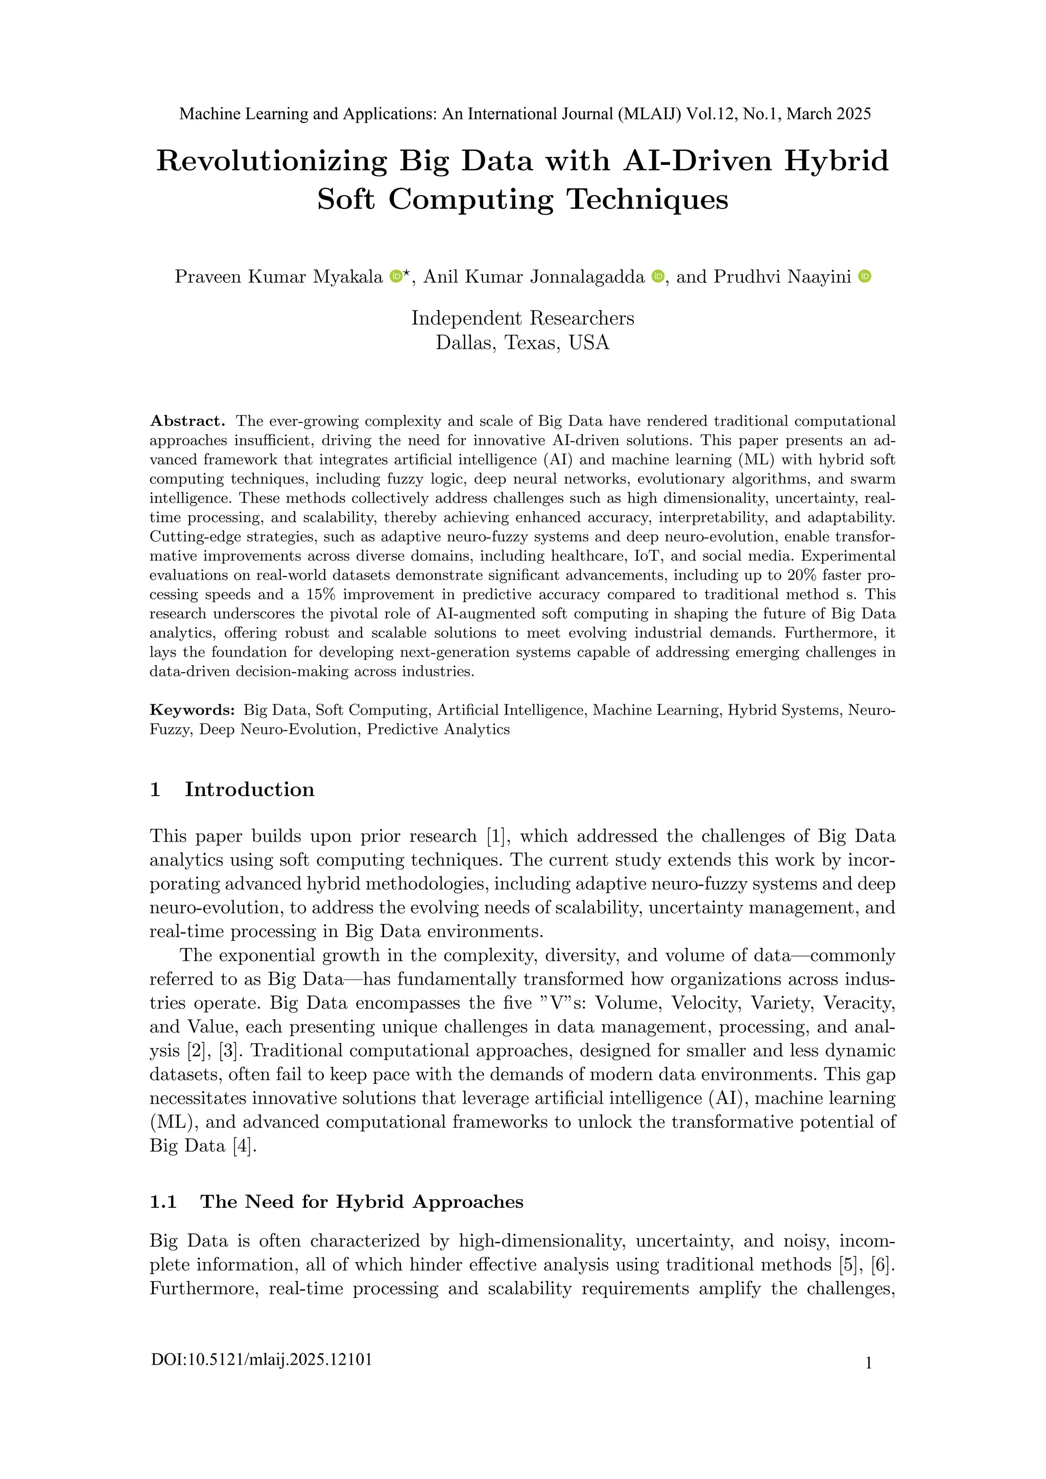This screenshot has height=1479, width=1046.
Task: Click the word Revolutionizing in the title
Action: [x=271, y=161]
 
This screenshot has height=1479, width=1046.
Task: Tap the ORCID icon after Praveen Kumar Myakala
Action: [x=396, y=276]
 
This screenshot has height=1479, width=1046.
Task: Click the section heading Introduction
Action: [x=249, y=789]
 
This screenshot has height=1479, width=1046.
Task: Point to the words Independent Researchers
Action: [x=522, y=318]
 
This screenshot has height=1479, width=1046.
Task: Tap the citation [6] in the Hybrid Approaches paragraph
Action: [x=883, y=1265]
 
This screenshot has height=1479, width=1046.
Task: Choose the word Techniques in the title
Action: [x=647, y=200]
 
